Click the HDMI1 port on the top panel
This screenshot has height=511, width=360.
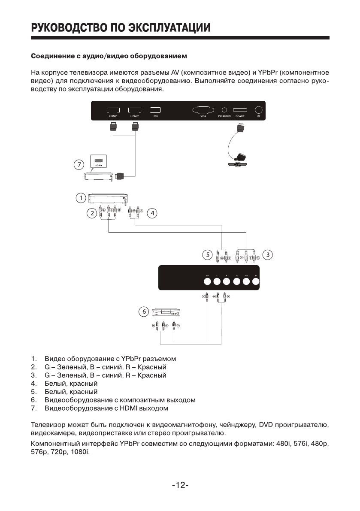pyautogui.click(x=113, y=110)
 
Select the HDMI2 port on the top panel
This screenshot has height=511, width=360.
pyautogui.click(x=135, y=110)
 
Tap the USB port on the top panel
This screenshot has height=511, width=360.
pyautogui.click(x=155, y=110)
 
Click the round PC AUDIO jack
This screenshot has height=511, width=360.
pyautogui.click(x=224, y=110)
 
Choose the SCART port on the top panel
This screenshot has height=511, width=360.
pyautogui.click(x=240, y=110)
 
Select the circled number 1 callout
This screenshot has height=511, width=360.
pyautogui.click(x=79, y=198)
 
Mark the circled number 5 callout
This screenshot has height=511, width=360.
pyautogui.click(x=207, y=255)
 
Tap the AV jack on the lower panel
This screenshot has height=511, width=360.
pyautogui.click(x=207, y=282)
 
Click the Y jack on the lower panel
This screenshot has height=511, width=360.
pyautogui.click(x=236, y=282)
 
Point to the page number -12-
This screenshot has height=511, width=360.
pyautogui.click(x=180, y=485)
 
